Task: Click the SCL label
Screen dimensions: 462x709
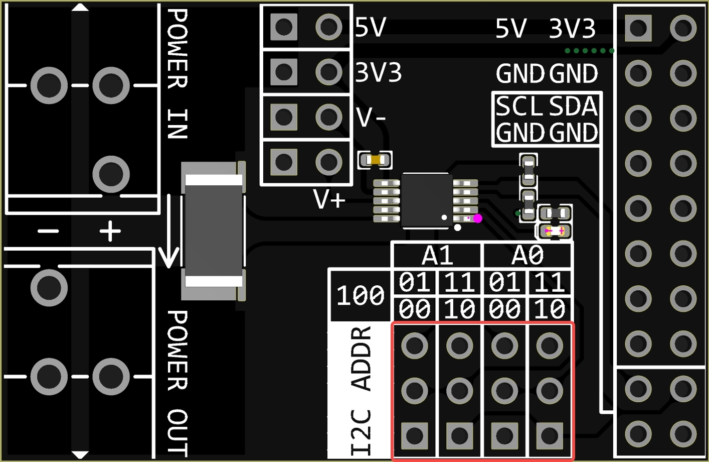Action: click(x=519, y=106)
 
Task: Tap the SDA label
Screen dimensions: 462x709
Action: click(x=573, y=106)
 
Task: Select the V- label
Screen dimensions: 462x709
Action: click(x=371, y=118)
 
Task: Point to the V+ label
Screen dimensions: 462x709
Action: click(x=329, y=199)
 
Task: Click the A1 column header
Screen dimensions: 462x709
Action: click(x=437, y=256)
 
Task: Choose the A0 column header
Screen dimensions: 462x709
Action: click(x=527, y=256)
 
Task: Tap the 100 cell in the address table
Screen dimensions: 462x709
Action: click(x=360, y=295)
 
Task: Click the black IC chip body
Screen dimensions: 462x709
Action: click(x=426, y=200)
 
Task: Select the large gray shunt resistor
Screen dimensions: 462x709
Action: click(x=214, y=231)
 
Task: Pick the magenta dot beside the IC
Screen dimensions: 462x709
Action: click(x=478, y=218)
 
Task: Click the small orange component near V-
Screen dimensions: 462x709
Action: click(x=375, y=160)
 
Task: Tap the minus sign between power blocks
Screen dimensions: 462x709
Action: click(x=48, y=232)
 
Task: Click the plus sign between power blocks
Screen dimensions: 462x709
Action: click(x=110, y=232)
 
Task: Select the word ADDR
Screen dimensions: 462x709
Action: click(x=361, y=359)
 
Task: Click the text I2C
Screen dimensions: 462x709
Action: click(x=361, y=432)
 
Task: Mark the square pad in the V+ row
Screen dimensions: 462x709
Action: click(x=284, y=162)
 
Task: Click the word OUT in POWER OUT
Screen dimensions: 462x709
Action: click(x=178, y=432)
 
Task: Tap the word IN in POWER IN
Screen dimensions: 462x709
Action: click(x=178, y=124)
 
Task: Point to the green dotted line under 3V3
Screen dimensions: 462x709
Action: click(x=589, y=51)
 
